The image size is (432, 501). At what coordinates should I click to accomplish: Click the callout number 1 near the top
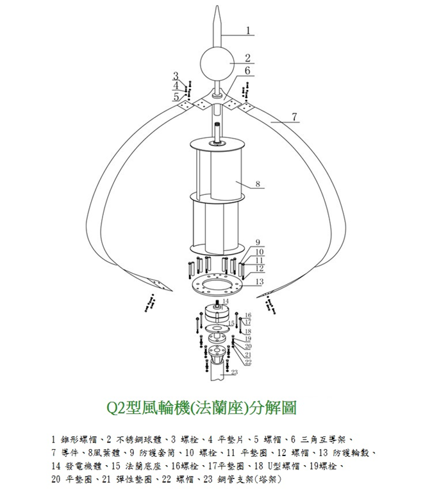click(248, 30)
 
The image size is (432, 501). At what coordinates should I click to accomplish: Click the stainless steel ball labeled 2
click(217, 64)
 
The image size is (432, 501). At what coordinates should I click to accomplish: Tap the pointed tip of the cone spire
click(217, 6)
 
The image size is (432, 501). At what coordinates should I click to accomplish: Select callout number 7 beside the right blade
click(294, 117)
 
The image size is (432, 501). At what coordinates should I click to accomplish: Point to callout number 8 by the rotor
click(258, 183)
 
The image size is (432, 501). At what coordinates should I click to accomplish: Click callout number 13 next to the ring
click(260, 282)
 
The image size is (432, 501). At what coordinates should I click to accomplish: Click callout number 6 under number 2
click(247, 71)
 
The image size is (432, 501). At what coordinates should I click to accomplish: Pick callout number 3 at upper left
click(175, 76)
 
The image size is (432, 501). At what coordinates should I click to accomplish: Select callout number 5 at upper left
click(176, 96)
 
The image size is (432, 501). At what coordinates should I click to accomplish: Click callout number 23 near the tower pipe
click(235, 372)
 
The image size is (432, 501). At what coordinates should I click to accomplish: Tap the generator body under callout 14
click(217, 314)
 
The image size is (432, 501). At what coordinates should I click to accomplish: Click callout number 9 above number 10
click(258, 242)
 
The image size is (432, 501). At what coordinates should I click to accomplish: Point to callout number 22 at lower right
click(248, 362)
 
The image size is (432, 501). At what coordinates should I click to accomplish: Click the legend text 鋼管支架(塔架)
click(249, 479)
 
